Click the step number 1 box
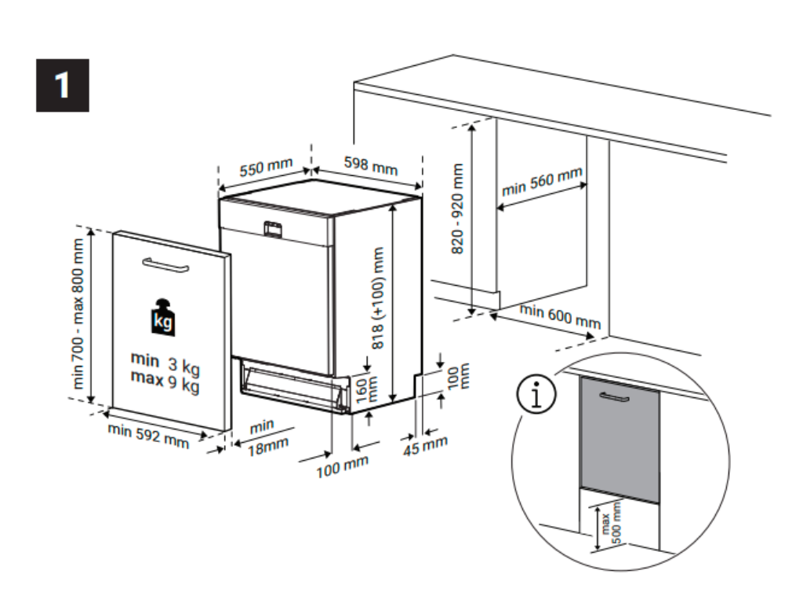pyautogui.click(x=62, y=85)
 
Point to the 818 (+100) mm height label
pyautogui.click(x=380, y=298)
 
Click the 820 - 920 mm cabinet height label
pyautogui.click(x=458, y=207)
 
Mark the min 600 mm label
pyautogui.click(x=561, y=316)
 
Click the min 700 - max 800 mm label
pyautogui.click(x=78, y=314)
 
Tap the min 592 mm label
pyautogui.click(x=148, y=436)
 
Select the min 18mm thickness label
pyautogui.click(x=264, y=439)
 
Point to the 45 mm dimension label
pyautogui.click(x=425, y=444)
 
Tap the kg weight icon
pyautogui.click(x=162, y=318)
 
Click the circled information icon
pyautogui.click(x=536, y=395)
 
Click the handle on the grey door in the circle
pyautogui.click(x=614, y=397)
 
